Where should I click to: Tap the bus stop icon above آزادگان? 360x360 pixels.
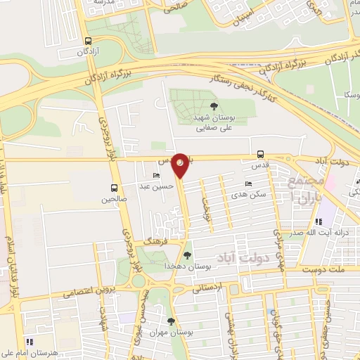(87, 41)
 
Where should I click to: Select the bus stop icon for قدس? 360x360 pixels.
(261, 154)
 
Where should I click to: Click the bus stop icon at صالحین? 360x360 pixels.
(113, 188)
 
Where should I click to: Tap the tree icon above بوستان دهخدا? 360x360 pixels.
(186, 255)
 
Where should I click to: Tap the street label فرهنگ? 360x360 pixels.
(153, 240)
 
